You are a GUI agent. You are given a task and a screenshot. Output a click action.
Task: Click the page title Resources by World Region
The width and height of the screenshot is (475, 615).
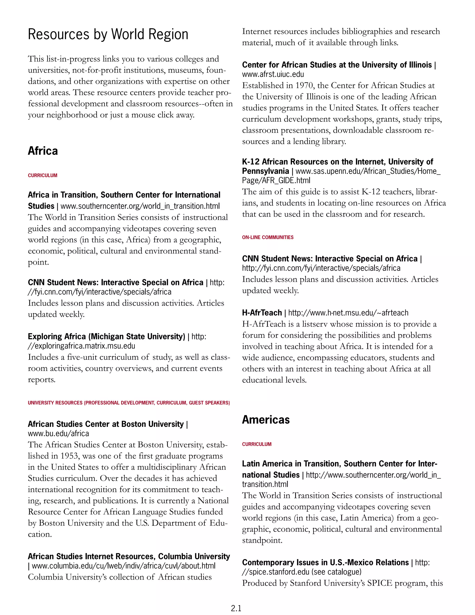click(108, 34)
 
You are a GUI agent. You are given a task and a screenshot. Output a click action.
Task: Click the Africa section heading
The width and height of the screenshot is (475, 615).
click(43, 151)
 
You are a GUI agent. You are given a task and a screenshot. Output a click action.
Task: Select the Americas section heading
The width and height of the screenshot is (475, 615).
click(266, 420)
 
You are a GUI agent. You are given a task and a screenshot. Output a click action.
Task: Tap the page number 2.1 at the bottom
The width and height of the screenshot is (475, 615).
click(236, 608)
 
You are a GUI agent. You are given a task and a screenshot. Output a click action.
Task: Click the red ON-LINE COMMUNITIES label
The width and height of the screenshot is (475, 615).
click(268, 237)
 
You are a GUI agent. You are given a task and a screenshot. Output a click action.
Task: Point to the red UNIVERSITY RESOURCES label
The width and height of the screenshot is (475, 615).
click(128, 403)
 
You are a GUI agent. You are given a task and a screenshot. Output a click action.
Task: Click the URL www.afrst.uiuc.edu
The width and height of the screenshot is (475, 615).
click(273, 74)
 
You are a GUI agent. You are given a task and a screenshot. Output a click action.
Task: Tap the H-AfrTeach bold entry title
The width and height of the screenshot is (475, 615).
click(262, 313)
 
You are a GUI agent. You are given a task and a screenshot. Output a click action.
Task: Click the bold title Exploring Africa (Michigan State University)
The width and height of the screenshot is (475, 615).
click(106, 337)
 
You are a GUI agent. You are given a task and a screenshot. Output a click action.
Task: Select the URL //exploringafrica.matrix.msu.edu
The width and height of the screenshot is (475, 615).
click(81, 346)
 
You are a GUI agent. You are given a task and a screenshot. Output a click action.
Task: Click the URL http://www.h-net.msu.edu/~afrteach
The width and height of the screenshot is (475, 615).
click(348, 313)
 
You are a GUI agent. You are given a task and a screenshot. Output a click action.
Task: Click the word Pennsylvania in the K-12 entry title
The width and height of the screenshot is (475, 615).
click(265, 171)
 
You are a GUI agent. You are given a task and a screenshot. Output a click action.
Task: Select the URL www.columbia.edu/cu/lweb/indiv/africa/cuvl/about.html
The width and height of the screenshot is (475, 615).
click(123, 566)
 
